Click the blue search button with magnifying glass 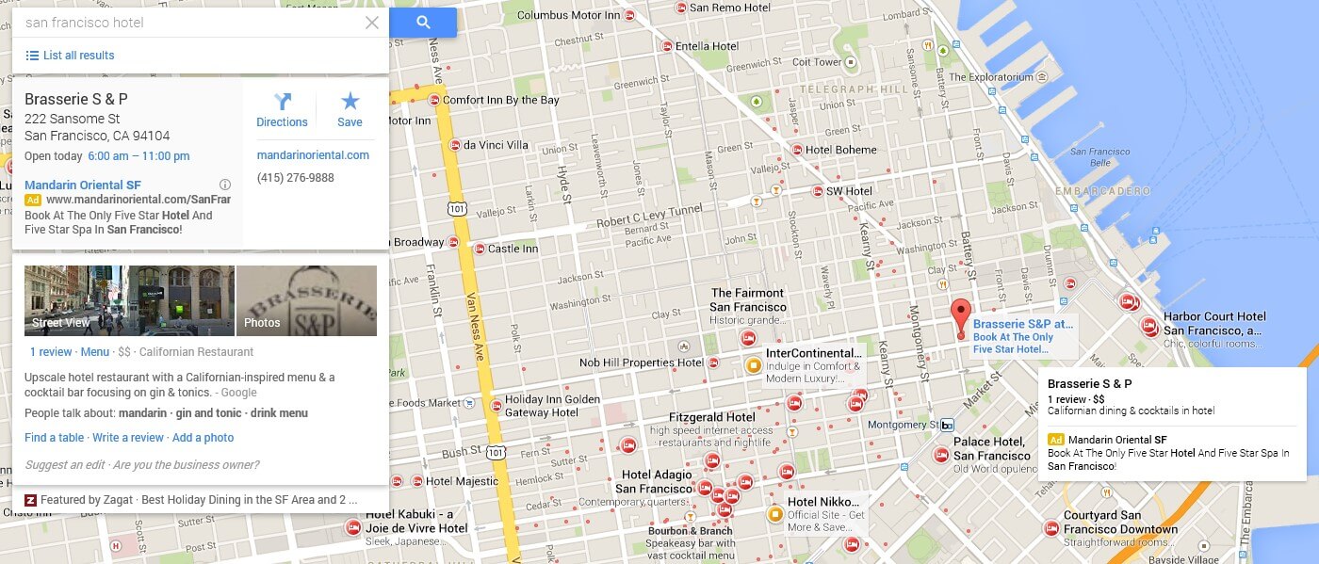[x=423, y=23]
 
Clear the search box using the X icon [x=372, y=23]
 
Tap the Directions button [x=282, y=110]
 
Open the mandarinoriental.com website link [x=313, y=155]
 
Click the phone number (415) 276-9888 [x=295, y=178]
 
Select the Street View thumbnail [x=129, y=300]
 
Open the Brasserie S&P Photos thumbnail [x=306, y=300]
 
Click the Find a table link [x=54, y=438]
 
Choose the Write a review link [x=128, y=438]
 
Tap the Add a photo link [x=203, y=438]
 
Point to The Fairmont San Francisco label [x=748, y=300]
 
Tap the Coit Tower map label [x=816, y=62]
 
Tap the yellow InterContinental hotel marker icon [x=753, y=365]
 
